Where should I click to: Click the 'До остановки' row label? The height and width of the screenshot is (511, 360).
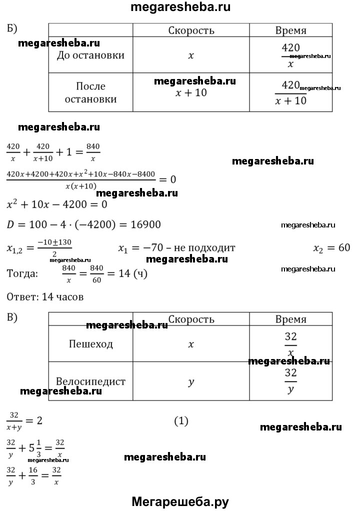(91, 55)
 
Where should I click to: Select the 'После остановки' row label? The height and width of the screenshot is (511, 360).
(91, 92)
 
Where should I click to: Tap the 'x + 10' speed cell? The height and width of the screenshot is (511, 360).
(191, 93)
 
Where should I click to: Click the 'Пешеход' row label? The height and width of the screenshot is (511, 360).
(91, 344)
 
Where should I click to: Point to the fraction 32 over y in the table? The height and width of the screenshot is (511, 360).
(290, 381)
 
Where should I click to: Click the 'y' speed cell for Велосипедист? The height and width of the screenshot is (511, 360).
(190, 382)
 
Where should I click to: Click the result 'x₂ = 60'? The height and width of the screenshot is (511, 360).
(331, 248)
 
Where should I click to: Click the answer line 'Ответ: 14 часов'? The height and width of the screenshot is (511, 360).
(45, 297)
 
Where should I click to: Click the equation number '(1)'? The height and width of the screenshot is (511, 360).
(181, 421)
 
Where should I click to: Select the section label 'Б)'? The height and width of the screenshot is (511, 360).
(13, 28)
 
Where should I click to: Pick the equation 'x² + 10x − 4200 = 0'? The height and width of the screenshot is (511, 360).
(56, 204)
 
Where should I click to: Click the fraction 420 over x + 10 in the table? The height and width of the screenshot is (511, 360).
(290, 93)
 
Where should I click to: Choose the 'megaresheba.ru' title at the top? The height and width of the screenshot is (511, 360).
(180, 7)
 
